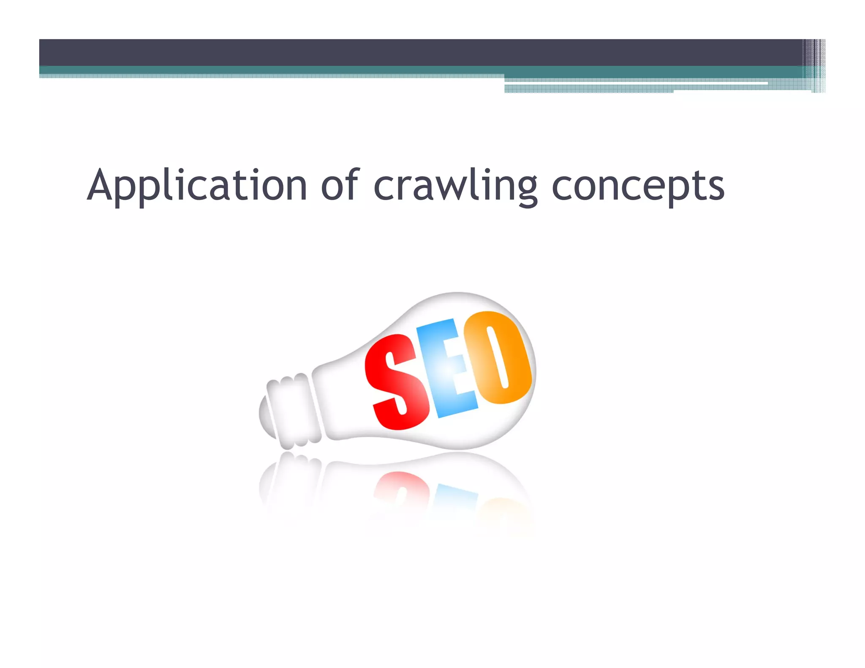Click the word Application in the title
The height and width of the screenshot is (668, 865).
click(197, 186)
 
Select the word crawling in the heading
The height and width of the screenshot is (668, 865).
click(455, 186)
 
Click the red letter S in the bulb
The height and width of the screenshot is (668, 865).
click(395, 382)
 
